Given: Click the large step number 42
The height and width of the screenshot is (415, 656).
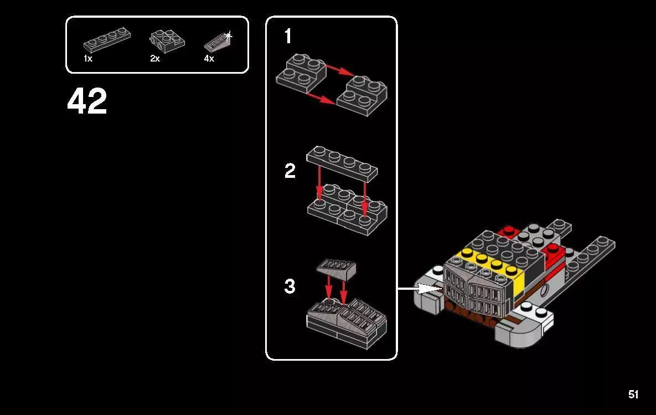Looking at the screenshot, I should tap(87, 102).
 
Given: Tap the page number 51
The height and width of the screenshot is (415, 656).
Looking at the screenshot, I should tap(633, 394).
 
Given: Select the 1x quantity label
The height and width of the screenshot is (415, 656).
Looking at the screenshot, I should tap(88, 58).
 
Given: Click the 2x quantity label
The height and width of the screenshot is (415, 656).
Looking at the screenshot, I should tap(155, 58).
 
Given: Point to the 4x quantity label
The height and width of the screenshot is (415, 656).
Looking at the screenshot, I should tap(209, 58).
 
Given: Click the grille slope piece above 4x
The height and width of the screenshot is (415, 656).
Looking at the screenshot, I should tap(216, 42).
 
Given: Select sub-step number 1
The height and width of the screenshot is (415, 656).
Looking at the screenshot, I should tap(288, 37).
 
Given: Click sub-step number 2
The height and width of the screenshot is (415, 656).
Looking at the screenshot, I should tap(290, 171).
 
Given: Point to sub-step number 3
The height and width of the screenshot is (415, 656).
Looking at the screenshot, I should tap(290, 286).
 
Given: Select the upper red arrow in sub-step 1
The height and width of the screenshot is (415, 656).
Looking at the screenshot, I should tap(339, 69).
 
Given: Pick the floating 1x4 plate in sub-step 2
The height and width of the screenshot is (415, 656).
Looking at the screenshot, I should tap(342, 162).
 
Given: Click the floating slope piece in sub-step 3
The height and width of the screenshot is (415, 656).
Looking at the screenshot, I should tap(336, 268).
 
